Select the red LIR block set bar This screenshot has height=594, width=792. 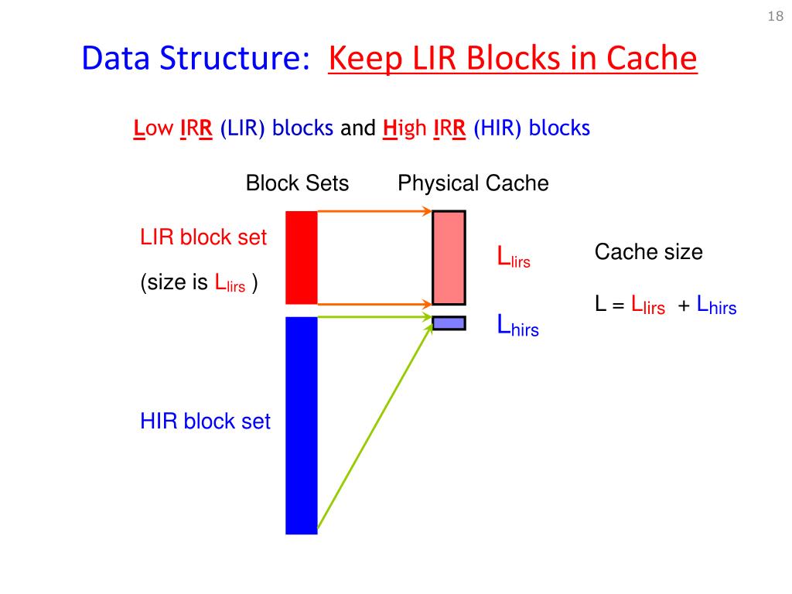tap(302, 257)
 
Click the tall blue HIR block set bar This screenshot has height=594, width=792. tap(302, 425)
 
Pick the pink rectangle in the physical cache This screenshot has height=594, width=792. tap(449, 258)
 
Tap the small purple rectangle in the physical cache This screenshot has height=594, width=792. tap(449, 323)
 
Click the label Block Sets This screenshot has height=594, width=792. tap(297, 183)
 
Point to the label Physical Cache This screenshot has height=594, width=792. tap(473, 183)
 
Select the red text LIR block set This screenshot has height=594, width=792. tap(203, 237)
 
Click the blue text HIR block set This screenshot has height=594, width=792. tap(205, 422)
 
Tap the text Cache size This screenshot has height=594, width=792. tap(648, 252)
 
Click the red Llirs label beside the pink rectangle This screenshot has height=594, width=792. tap(513, 258)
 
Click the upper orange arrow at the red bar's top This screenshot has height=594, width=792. tap(374, 210)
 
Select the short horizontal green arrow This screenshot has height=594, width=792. tap(374, 316)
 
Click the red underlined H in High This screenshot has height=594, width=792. tap(390, 128)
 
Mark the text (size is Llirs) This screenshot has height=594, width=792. tap(199, 284)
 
